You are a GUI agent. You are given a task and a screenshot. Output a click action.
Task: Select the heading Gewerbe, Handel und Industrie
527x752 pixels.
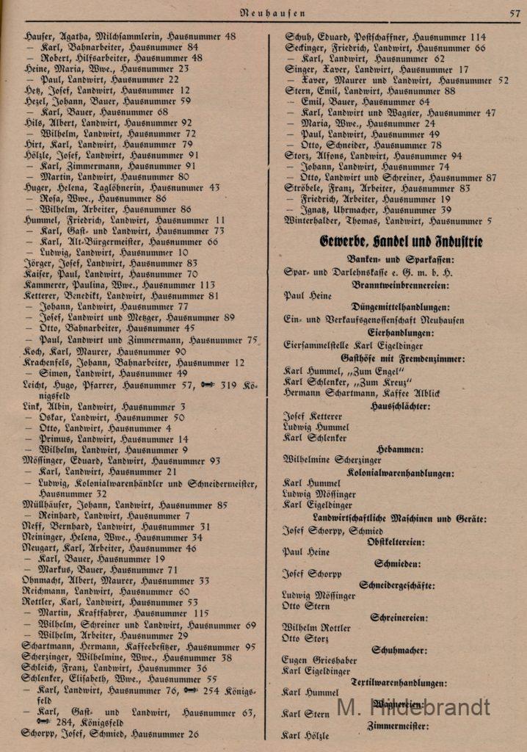(x=400, y=241)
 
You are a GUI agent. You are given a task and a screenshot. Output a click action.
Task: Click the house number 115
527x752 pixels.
(x=201, y=613)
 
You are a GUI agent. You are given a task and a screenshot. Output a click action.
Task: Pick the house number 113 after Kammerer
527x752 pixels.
(x=207, y=285)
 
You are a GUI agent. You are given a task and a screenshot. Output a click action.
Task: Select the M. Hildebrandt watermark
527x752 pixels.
(x=412, y=706)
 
